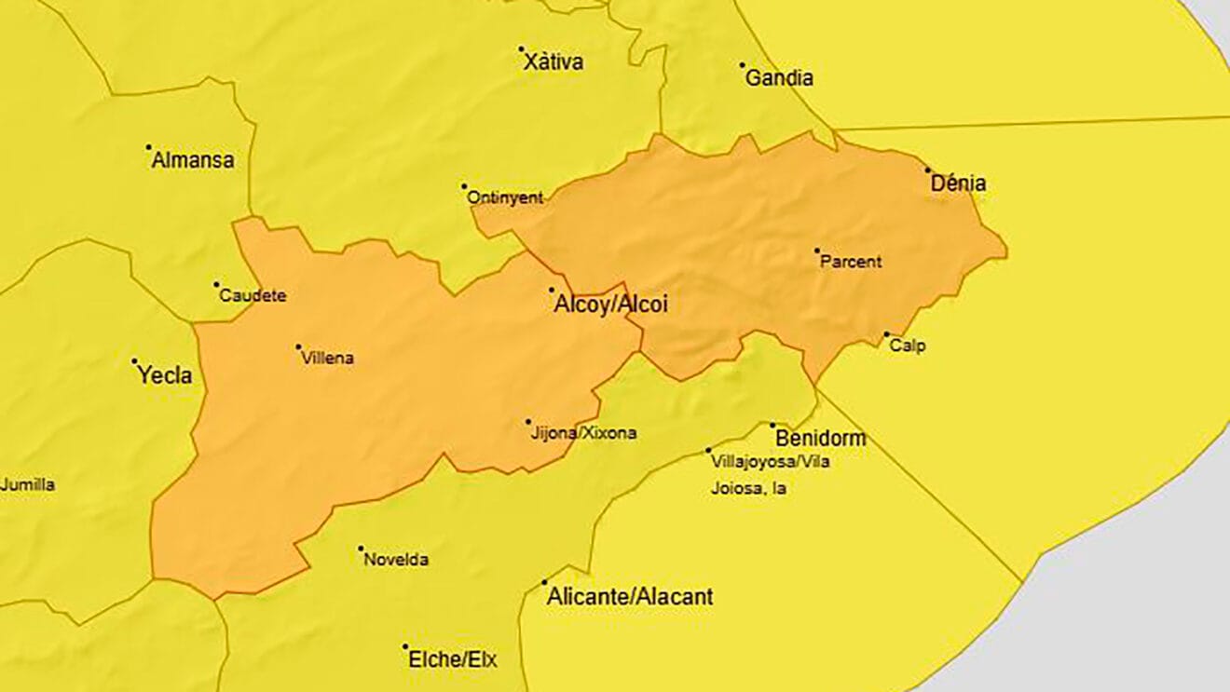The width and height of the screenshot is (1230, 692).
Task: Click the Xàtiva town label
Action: click(x=553, y=62)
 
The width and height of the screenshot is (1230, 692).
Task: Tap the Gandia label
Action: click(x=779, y=78)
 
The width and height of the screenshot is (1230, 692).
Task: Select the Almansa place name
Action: click(x=193, y=160)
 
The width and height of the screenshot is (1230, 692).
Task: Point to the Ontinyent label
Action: click(x=504, y=197)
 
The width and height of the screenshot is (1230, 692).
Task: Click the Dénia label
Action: click(x=958, y=184)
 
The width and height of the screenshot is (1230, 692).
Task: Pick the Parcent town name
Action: click(x=850, y=263)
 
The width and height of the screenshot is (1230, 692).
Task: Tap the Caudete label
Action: click(x=253, y=296)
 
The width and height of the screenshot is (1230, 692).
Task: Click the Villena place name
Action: click(x=327, y=358)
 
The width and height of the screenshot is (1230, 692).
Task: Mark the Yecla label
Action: click(x=165, y=375)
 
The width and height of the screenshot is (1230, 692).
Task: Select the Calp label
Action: click(x=908, y=346)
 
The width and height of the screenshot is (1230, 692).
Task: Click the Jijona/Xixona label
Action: click(x=583, y=433)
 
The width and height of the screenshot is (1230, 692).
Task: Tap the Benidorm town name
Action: click(x=820, y=438)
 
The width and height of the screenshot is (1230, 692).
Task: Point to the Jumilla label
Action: click(x=28, y=484)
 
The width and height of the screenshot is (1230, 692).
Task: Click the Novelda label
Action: click(x=396, y=560)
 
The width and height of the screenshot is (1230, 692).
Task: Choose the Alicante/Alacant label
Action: click(x=631, y=596)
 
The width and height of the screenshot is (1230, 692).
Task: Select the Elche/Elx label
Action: click(x=452, y=660)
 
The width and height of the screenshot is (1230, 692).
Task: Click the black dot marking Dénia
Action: click(x=927, y=170)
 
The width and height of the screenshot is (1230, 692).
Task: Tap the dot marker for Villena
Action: click(x=298, y=347)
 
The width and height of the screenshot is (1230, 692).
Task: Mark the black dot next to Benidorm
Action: click(x=772, y=426)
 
